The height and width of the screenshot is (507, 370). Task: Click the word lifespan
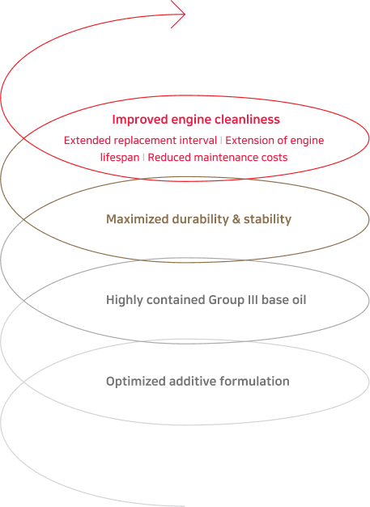[x=120, y=158]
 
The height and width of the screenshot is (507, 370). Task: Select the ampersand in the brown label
[x=236, y=219]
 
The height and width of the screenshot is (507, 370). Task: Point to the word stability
[x=267, y=219]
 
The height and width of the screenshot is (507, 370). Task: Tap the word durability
[x=200, y=219]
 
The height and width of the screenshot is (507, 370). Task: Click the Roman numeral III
[x=251, y=300]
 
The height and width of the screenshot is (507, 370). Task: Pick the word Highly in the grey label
[x=125, y=300]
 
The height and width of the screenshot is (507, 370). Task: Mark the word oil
[x=299, y=300]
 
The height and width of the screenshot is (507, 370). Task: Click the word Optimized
[x=136, y=381]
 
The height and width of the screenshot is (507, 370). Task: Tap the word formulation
[x=254, y=381]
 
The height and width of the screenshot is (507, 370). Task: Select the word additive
[x=193, y=381]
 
